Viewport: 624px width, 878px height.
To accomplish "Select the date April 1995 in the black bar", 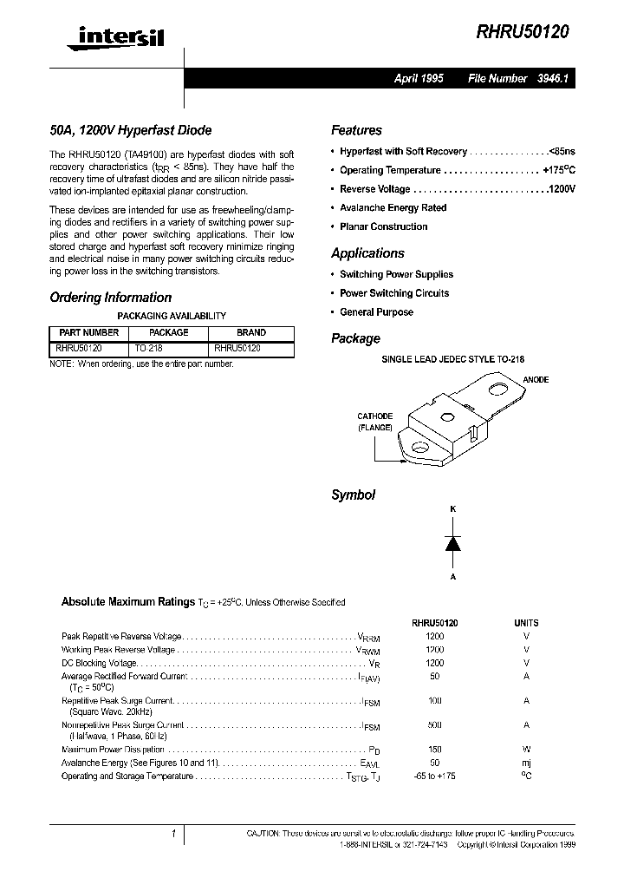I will pyautogui.click(x=419, y=78).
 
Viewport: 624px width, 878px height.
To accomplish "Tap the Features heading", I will pyautogui.click(x=356, y=130).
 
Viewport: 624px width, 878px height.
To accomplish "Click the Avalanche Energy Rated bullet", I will pyautogui.click(x=393, y=208).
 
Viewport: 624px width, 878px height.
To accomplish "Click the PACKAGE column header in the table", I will pyautogui.click(x=168, y=332).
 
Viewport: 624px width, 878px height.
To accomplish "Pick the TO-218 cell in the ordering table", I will pyautogui.click(x=149, y=347).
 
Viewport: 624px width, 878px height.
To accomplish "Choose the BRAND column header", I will pyautogui.click(x=251, y=332).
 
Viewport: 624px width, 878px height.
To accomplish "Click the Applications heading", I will pyautogui.click(x=367, y=253).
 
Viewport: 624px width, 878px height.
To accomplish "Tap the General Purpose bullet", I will pyautogui.click(x=376, y=312).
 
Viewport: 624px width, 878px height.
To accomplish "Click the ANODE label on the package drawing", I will pyautogui.click(x=536, y=380).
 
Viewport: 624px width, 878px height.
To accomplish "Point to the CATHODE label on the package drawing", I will pyautogui.click(x=374, y=416).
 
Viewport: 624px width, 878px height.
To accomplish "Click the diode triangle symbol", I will pyautogui.click(x=452, y=543).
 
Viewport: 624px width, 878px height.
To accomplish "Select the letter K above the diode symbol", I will pyautogui.click(x=452, y=508).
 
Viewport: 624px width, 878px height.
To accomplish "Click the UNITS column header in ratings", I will pyautogui.click(x=526, y=623).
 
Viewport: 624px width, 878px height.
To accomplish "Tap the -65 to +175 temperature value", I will pyautogui.click(x=434, y=776).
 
